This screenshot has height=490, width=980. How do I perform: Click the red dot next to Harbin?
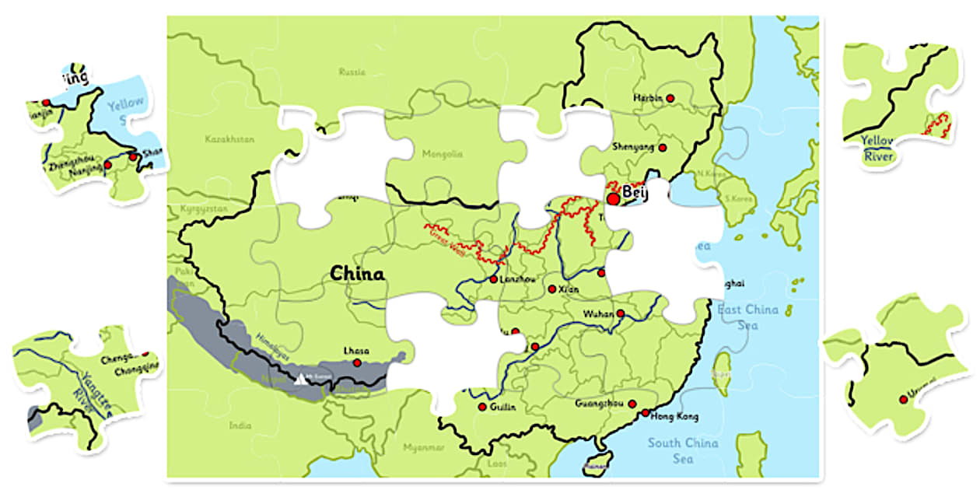point(670,99)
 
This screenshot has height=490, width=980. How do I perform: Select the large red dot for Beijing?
point(614,199)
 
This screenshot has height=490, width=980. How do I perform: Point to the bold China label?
point(357,274)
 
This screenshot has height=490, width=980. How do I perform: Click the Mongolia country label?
point(442,154)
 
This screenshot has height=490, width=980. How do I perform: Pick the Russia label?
point(352,72)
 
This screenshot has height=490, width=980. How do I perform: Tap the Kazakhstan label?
point(229,139)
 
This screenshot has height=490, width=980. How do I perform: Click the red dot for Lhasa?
point(357,362)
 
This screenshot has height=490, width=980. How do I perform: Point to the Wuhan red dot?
point(621,314)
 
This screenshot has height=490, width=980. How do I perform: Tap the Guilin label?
point(503,407)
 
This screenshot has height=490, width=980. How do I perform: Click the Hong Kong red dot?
point(645,413)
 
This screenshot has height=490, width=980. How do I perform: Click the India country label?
point(240,425)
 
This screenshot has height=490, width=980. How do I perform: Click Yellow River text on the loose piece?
point(877,148)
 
